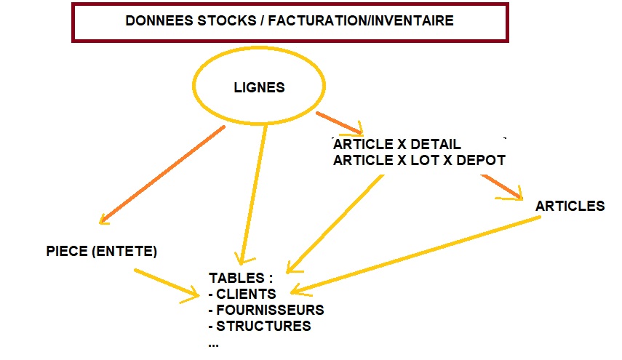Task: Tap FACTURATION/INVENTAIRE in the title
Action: pyautogui.click(x=360, y=20)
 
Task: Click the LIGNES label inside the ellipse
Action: pyautogui.click(x=259, y=88)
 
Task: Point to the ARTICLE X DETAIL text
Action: pyautogui.click(x=396, y=145)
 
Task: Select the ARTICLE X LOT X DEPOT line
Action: pyautogui.click(x=418, y=161)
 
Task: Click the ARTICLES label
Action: pyautogui.click(x=570, y=206)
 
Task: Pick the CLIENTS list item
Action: pyautogui.click(x=246, y=295)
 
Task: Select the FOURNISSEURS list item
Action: pyautogui.click(x=269, y=311)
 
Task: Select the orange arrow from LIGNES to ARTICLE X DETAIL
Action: pyautogui.click(x=339, y=124)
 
